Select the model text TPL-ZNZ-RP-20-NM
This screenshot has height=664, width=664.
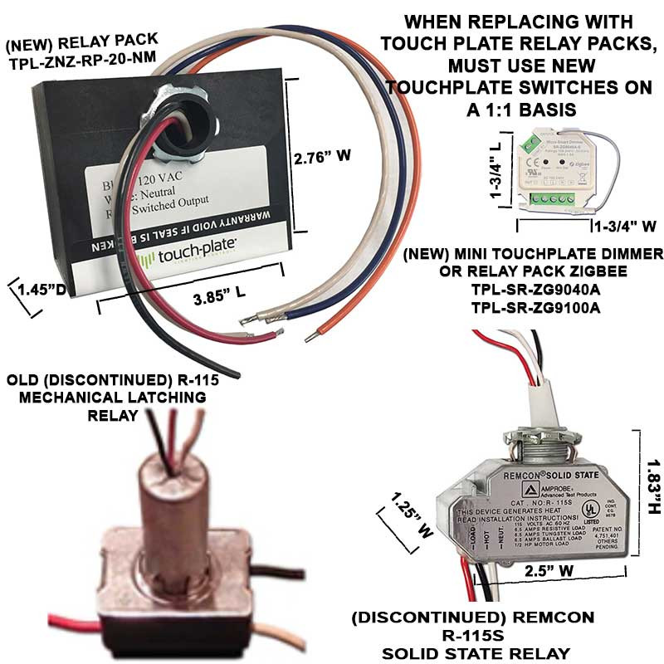tap(81, 57)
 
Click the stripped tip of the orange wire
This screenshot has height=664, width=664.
tap(309, 336)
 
